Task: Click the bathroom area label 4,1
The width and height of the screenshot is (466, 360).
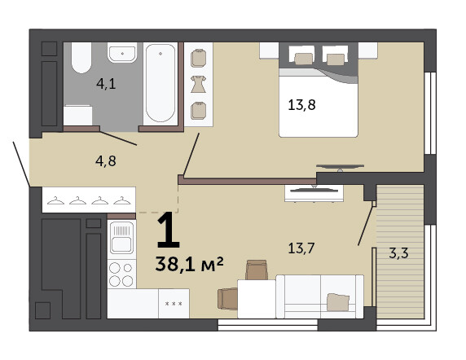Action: point(106,84)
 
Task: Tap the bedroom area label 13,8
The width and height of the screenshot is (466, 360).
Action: point(301,105)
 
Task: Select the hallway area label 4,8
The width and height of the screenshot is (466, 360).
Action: point(106,161)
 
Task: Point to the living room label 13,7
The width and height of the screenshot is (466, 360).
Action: point(301,248)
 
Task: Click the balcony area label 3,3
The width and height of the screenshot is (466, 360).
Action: point(398,253)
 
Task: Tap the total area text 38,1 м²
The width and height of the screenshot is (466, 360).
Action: point(189,264)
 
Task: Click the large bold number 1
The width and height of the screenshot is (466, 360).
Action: point(168,230)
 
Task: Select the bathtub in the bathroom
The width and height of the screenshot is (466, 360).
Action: point(160,84)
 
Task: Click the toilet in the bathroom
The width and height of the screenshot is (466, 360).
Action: point(81,58)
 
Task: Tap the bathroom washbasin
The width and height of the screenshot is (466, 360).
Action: point(122,53)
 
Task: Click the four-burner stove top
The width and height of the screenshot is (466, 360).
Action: point(121,274)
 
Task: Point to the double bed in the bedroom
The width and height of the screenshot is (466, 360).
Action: point(319,90)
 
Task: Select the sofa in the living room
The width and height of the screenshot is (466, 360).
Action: point(320,296)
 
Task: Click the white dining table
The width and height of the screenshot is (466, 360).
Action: point(257,299)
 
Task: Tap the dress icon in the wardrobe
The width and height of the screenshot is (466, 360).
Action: point(198,84)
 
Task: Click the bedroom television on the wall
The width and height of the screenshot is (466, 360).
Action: point(340,167)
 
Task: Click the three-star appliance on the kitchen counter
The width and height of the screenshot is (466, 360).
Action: point(174,304)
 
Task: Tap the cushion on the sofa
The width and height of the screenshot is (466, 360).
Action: point(338,302)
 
